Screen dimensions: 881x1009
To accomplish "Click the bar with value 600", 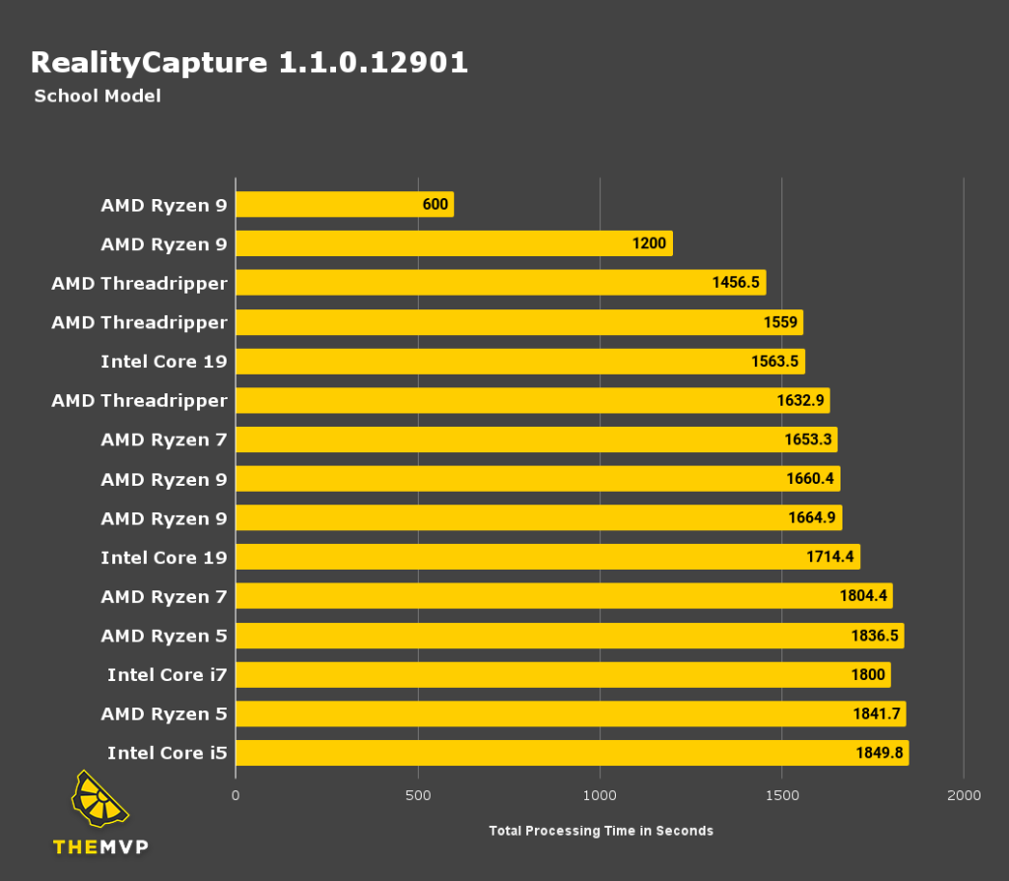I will pyautogui.click(x=344, y=205).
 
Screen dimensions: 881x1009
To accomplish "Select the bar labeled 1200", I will pyautogui.click(x=453, y=244).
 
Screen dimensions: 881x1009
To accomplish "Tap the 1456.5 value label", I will pyautogui.click(x=735, y=284).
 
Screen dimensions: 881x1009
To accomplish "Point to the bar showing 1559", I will pyautogui.click(x=519, y=322).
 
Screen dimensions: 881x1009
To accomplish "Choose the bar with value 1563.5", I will pyautogui.click(x=520, y=362).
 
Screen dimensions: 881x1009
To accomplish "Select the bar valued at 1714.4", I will pyautogui.click(x=548, y=558).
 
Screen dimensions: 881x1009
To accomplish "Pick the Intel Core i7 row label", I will pyautogui.click(x=167, y=675).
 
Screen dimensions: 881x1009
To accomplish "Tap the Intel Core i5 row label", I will pyautogui.click(x=167, y=754).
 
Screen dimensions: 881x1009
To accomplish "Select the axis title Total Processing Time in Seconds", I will pyautogui.click(x=600, y=831).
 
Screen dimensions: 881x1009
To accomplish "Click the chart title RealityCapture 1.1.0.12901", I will pyautogui.click(x=249, y=63).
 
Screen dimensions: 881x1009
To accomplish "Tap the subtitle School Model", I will pyautogui.click(x=97, y=97).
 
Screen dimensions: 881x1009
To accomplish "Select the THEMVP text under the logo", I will pyautogui.click(x=100, y=847).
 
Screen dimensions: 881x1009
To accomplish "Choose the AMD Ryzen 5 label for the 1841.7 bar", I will pyautogui.click(x=164, y=714).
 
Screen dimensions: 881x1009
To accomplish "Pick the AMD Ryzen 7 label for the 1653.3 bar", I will pyautogui.click(x=164, y=440).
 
